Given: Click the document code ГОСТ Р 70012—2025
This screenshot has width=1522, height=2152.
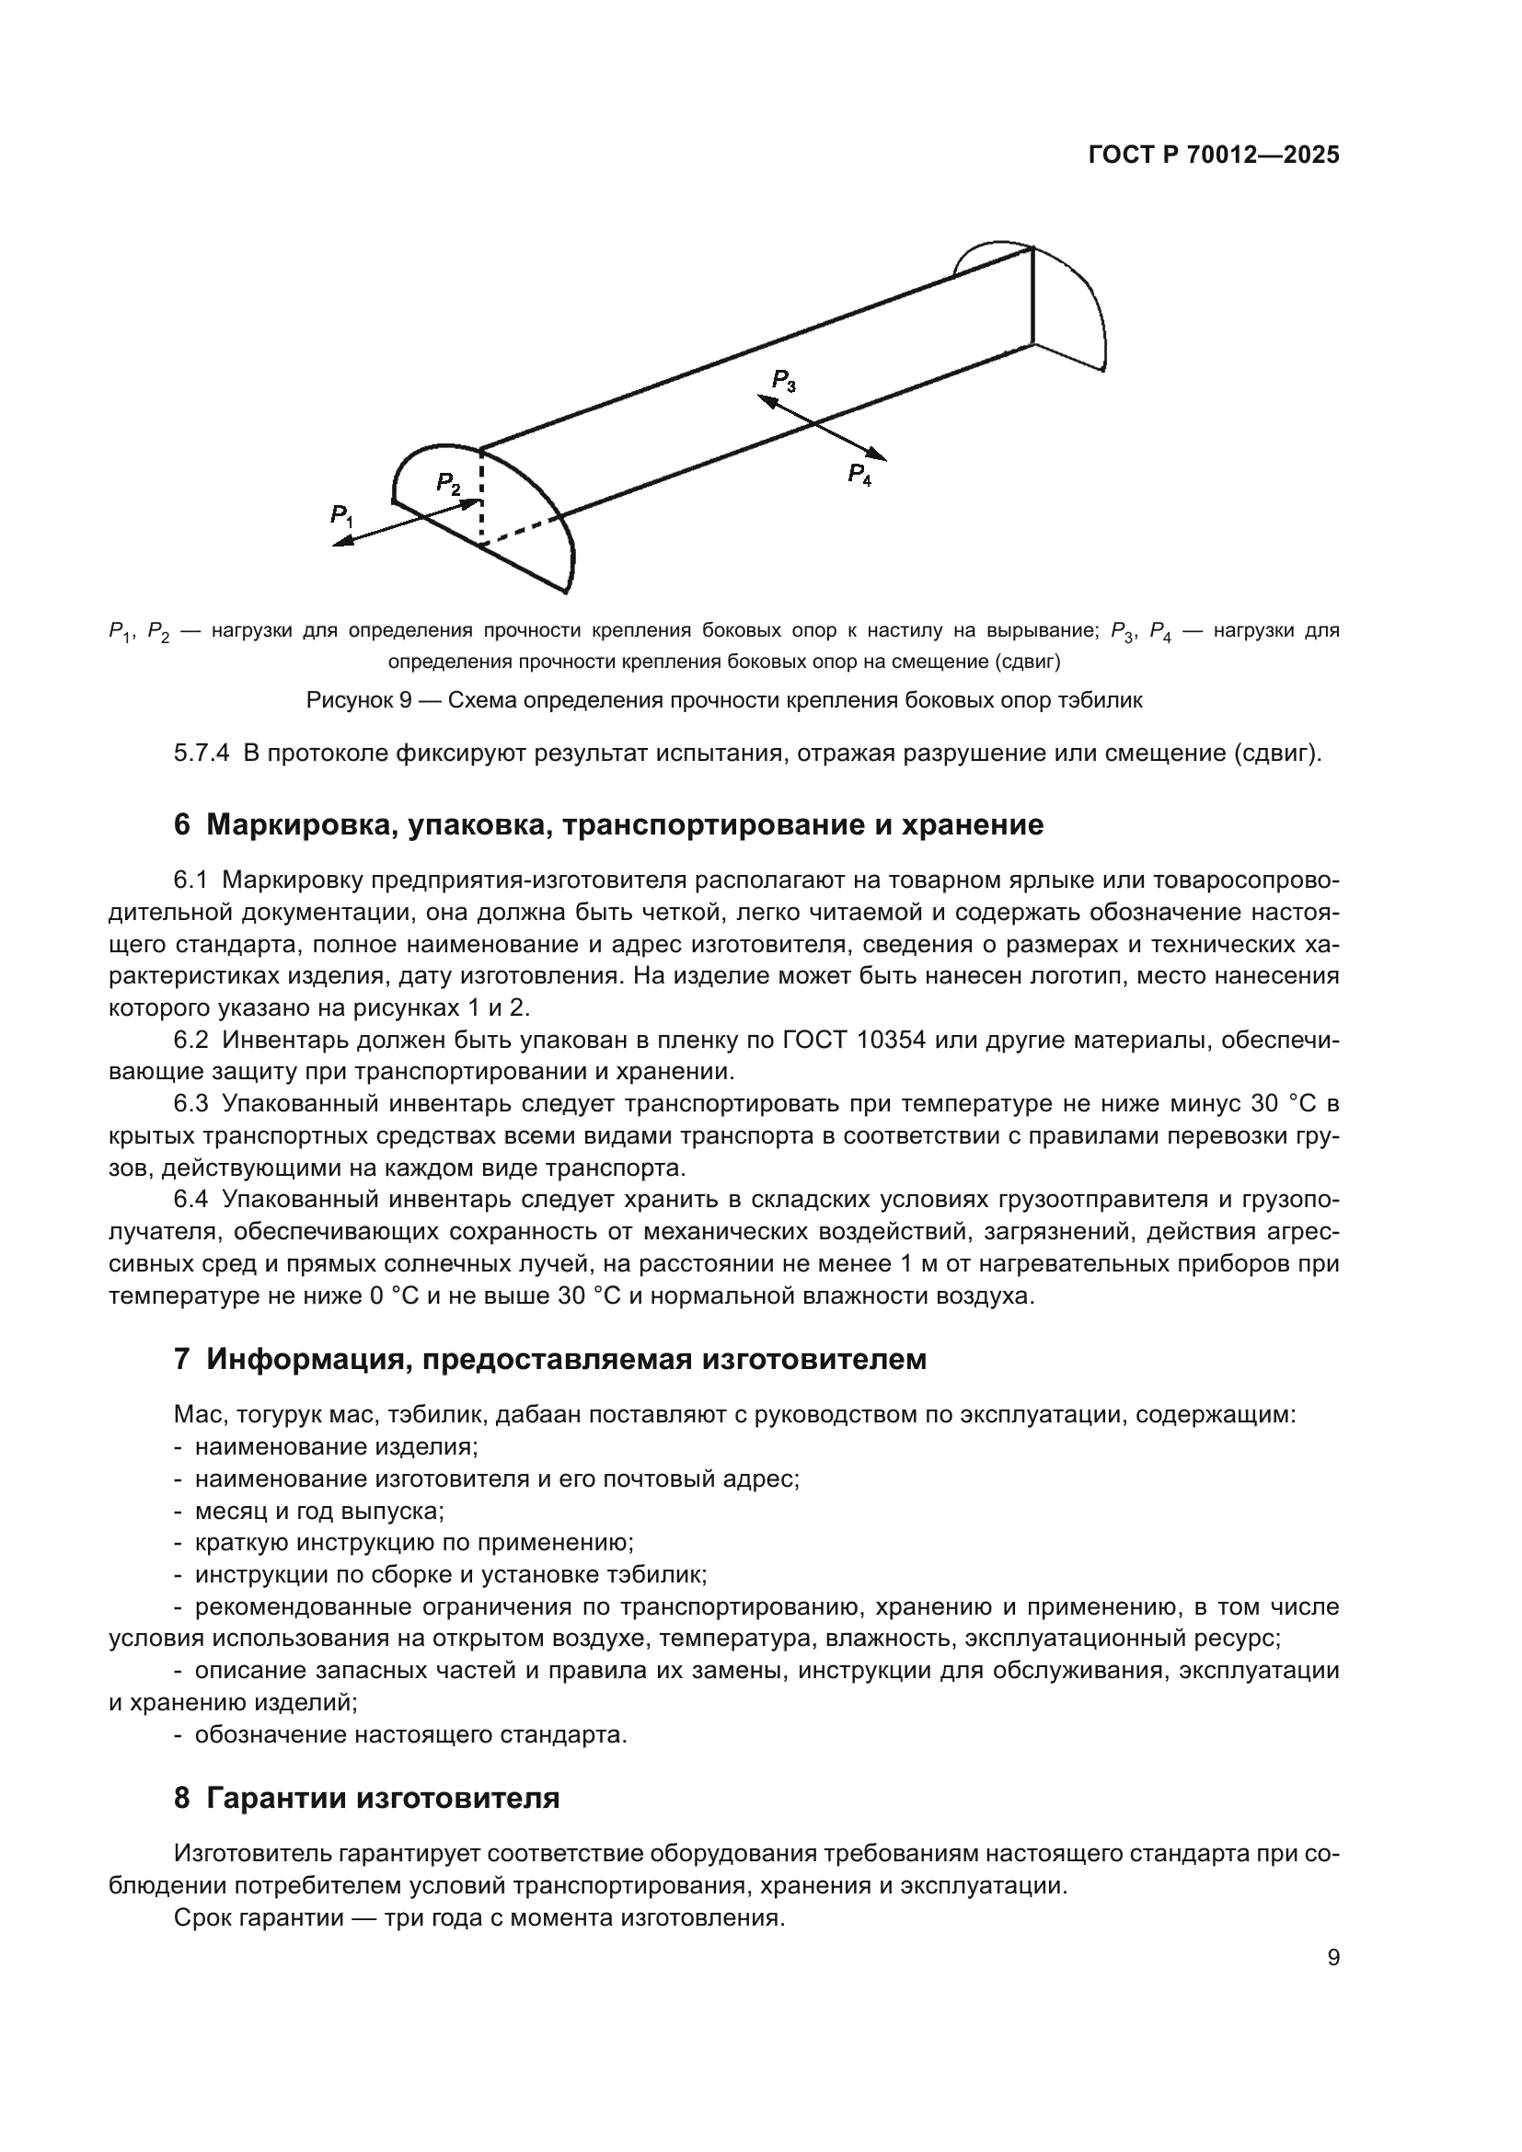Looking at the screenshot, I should (x=1214, y=155).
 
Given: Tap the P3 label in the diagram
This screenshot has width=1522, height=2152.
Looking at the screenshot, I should (x=783, y=381).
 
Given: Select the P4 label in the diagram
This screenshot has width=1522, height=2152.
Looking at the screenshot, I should (x=859, y=474).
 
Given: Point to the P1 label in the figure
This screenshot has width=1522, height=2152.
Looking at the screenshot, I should (x=341, y=514).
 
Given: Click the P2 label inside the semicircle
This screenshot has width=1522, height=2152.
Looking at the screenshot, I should (x=448, y=484).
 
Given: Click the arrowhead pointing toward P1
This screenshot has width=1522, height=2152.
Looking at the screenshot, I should (x=343, y=542).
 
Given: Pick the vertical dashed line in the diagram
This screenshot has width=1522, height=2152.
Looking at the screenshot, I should (x=480, y=497).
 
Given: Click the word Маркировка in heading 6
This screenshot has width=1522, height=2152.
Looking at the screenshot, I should (x=287, y=824).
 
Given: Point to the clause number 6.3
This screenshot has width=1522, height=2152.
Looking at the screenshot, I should (x=190, y=1103).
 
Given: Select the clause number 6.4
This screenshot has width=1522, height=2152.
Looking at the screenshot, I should (x=190, y=1200).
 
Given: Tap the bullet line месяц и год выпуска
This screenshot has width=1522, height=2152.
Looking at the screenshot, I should (x=318, y=1511).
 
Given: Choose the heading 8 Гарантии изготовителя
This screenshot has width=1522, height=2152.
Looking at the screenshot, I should (x=366, y=1798).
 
